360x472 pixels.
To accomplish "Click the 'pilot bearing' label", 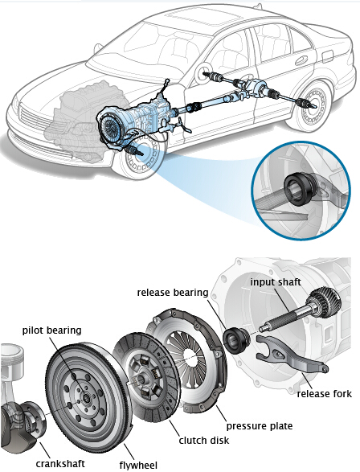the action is tap(51, 330).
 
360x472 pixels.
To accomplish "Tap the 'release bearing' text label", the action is tap(173, 293).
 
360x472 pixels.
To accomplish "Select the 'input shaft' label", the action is tap(276, 282).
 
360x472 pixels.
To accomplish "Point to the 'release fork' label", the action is tap(324, 394).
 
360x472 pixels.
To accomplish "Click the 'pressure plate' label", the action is tap(260, 426).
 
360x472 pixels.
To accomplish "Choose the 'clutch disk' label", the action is tap(204, 441).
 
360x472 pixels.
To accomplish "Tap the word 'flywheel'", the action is tap(138, 465).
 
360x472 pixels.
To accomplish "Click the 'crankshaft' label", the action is tap(60, 464).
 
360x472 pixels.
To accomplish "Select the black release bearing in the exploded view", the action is tap(237, 340).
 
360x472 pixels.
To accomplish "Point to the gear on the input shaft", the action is tap(325, 302).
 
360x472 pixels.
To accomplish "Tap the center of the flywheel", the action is tap(88, 399).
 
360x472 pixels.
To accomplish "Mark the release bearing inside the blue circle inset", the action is tap(301, 189).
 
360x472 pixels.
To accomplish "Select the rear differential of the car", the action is tap(256, 88).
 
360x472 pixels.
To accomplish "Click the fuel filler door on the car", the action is tap(328, 56).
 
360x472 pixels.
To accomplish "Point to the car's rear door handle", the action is tap(301, 61).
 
